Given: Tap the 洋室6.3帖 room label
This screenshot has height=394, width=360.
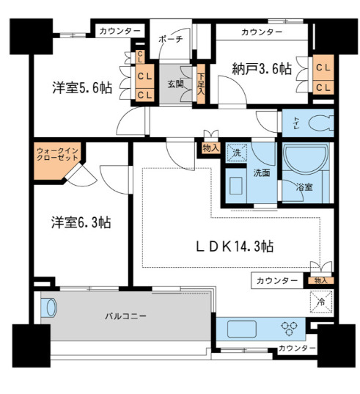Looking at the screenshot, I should click(81, 222).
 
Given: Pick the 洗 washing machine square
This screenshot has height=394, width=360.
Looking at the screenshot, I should click(235, 153).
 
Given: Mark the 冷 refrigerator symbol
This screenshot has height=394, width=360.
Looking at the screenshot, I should click(322, 299).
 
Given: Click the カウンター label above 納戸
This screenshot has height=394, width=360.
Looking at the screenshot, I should click(261, 32).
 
